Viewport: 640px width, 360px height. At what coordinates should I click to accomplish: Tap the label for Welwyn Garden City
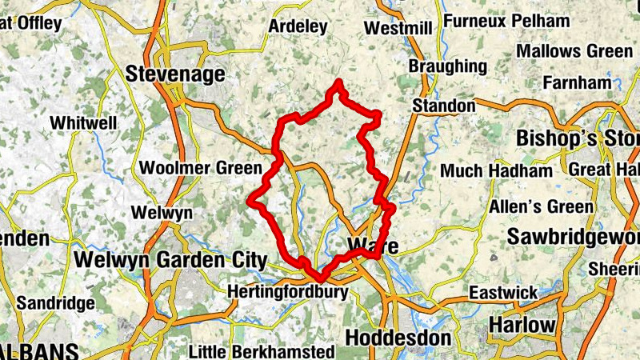pos(170,259)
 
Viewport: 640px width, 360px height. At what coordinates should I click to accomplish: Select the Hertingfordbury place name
pos(288,292)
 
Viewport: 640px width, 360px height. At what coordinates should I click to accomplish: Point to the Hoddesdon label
pos(398,338)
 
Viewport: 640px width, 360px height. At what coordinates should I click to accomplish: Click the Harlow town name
pos(522,325)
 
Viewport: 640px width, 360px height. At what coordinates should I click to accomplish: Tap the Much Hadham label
pos(497,171)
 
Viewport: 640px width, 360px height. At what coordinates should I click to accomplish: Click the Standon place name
pos(443,106)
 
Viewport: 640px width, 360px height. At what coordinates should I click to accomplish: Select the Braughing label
pos(447,66)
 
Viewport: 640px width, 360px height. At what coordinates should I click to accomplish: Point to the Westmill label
pos(398,29)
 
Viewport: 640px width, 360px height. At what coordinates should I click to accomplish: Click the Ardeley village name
pos(298,26)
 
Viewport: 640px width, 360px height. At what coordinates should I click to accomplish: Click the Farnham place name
pos(577,82)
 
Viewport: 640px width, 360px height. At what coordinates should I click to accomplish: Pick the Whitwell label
pos(83,123)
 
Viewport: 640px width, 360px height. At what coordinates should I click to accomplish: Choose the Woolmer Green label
pos(200,168)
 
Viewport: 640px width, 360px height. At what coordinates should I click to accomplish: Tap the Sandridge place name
pos(56,303)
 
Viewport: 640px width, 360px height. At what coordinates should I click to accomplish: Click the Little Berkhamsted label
pos(262,351)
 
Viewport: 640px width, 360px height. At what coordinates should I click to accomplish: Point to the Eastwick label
pos(503,293)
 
